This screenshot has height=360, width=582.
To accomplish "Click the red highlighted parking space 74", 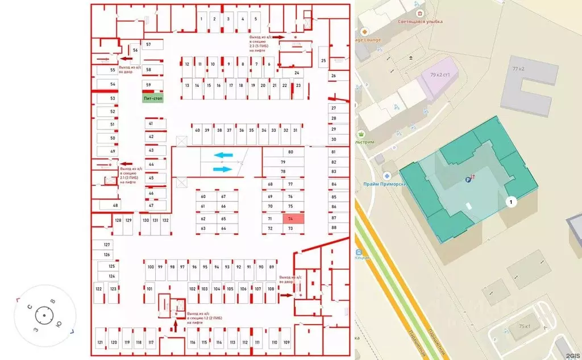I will (x=290, y=218).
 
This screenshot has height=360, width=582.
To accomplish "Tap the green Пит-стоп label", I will (x=152, y=98).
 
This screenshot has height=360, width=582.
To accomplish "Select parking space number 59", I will (x=149, y=85).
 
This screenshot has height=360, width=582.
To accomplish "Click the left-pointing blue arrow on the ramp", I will (x=223, y=155).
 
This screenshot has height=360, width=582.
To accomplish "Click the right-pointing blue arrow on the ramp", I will (x=223, y=168).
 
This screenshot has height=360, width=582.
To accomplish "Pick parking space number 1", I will (x=201, y=19).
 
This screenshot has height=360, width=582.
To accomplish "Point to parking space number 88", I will (x=334, y=227).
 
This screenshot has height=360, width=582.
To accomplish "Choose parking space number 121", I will (x=100, y=342).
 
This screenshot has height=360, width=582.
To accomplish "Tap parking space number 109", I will (x=286, y=342).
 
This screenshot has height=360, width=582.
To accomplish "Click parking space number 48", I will (x=115, y=205).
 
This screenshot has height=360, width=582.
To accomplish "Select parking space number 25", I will (x=323, y=60).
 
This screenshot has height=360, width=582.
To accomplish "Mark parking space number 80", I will (x=290, y=152).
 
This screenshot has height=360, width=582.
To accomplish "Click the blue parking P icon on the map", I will (x=468, y=180).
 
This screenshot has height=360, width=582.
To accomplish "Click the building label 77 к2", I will (x=518, y=69).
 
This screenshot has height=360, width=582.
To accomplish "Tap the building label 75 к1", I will (x=524, y=326).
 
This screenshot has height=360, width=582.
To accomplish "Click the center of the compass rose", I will (x=44, y=314).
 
